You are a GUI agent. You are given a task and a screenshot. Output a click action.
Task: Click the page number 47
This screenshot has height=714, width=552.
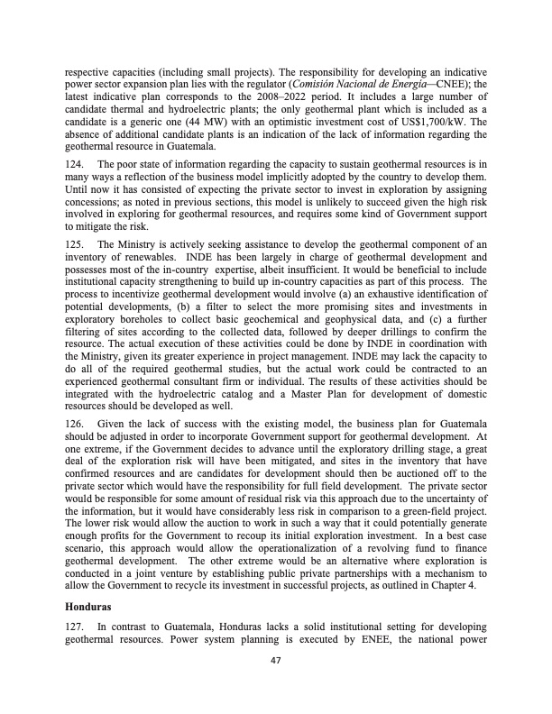[275, 660]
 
